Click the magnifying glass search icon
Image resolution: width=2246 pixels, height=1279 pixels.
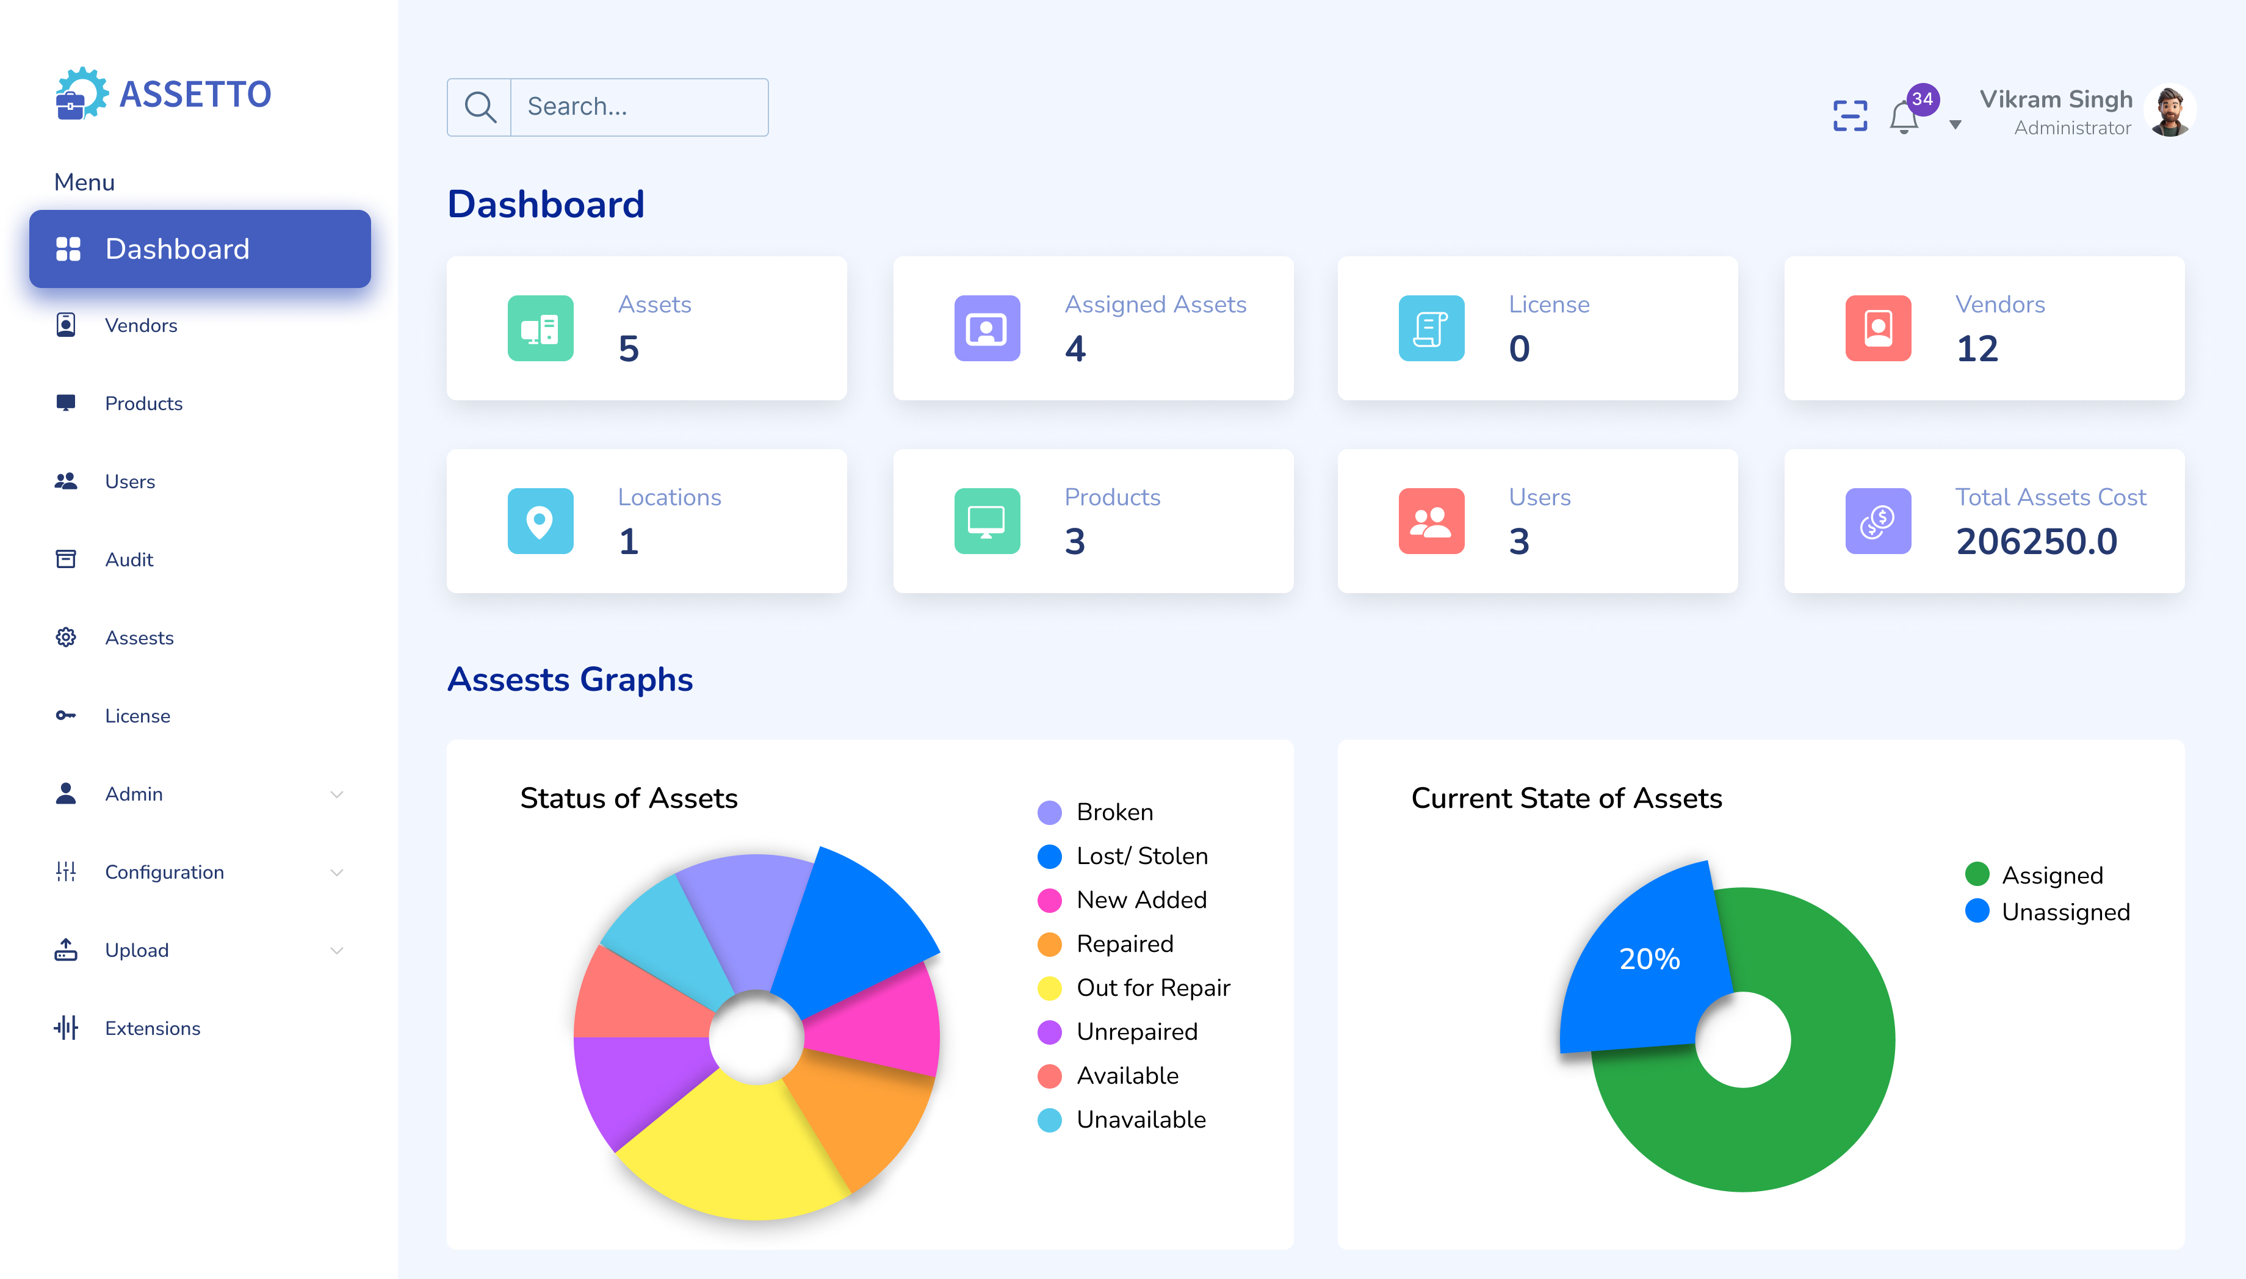[x=480, y=107]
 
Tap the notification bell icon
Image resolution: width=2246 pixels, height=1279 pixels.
[x=1904, y=118]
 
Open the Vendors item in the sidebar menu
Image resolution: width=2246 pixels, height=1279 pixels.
[x=140, y=326]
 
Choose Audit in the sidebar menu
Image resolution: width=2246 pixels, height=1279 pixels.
[x=129, y=560]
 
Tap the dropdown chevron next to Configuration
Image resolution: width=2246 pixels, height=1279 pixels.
[x=336, y=872]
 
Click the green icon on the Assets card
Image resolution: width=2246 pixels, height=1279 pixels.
[x=540, y=328]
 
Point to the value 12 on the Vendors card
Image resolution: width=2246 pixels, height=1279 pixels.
[x=1977, y=350]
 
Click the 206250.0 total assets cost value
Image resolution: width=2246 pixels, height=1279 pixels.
[x=2036, y=542]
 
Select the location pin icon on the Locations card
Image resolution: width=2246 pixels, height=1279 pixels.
[x=540, y=522]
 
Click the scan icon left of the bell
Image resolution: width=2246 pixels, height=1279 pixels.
[x=1850, y=116]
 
